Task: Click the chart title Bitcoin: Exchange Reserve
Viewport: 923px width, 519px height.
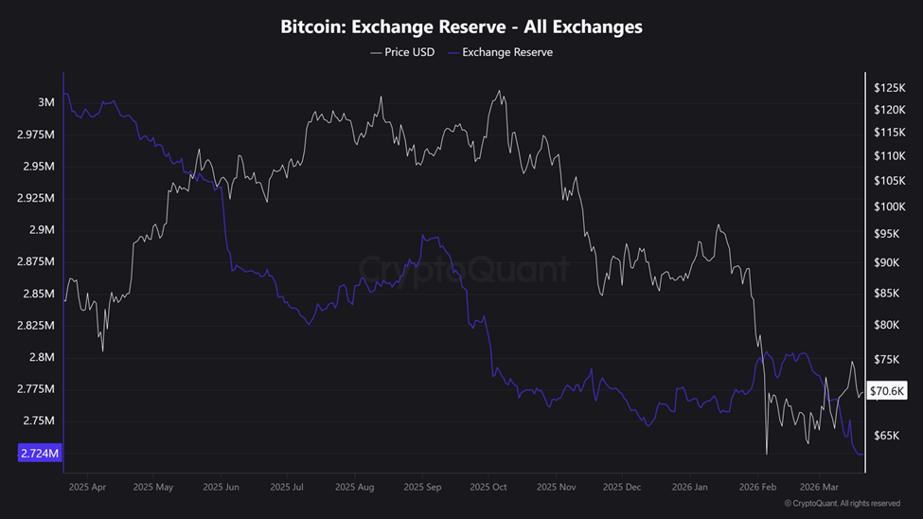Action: click(x=461, y=27)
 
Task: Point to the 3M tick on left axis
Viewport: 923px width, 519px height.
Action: click(x=45, y=102)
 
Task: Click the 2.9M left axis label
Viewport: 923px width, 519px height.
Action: click(x=41, y=230)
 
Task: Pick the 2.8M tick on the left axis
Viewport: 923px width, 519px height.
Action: click(x=41, y=357)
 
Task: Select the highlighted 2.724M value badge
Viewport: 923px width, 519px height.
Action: click(x=39, y=454)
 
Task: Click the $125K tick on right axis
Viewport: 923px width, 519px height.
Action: click(x=889, y=87)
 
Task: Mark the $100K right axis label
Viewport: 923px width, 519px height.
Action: click(x=889, y=206)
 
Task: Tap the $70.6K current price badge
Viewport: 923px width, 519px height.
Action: click(x=887, y=390)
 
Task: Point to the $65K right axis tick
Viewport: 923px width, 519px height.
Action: click(x=887, y=437)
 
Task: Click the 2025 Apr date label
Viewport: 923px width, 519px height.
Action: click(x=87, y=487)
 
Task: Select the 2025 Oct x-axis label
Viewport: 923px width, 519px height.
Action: click(x=488, y=487)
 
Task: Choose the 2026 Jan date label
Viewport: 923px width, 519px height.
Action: click(x=688, y=487)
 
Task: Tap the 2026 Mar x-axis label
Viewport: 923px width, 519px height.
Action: click(x=819, y=487)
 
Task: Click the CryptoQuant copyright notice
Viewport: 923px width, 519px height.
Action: click(x=842, y=504)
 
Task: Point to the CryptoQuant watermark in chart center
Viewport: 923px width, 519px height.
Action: click(x=463, y=270)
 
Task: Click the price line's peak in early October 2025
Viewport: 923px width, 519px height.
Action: click(x=499, y=91)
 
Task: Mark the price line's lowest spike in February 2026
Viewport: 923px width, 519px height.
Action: click(x=766, y=453)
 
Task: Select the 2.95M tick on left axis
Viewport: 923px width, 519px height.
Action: click(x=37, y=167)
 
